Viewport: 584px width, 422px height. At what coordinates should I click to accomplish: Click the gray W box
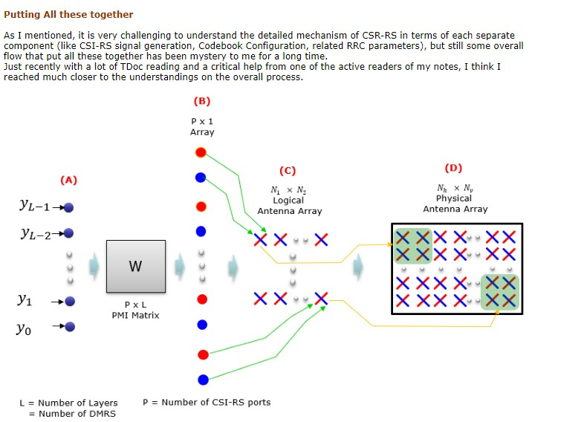click(136, 266)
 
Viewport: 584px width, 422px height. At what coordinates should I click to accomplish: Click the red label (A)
click(68, 181)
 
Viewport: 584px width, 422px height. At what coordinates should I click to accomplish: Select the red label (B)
click(202, 101)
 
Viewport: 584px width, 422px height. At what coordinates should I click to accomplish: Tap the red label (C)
click(288, 171)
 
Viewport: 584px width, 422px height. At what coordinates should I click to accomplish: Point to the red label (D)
click(453, 168)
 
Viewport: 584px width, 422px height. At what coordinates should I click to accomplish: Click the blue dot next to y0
click(70, 327)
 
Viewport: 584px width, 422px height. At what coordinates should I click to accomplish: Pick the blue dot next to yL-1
click(68, 207)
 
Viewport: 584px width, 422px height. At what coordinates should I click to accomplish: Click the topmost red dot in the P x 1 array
click(201, 152)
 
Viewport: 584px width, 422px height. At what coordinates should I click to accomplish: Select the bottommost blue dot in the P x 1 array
click(203, 380)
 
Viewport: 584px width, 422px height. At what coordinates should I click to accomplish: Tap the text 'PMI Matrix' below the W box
click(135, 316)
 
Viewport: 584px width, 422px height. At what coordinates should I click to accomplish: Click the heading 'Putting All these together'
click(68, 15)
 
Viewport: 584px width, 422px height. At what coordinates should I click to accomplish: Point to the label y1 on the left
click(25, 299)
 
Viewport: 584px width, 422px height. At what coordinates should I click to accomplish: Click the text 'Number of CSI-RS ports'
click(216, 402)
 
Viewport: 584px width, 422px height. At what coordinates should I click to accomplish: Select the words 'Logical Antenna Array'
click(290, 206)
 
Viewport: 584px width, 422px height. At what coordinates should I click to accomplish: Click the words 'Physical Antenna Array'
click(455, 204)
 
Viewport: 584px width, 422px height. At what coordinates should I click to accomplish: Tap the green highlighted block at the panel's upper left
click(412, 246)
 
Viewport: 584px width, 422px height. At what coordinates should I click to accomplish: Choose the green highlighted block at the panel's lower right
click(500, 293)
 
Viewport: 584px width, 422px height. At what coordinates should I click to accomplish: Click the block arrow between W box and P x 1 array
click(180, 266)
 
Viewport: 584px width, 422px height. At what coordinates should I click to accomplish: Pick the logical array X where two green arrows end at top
click(260, 239)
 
